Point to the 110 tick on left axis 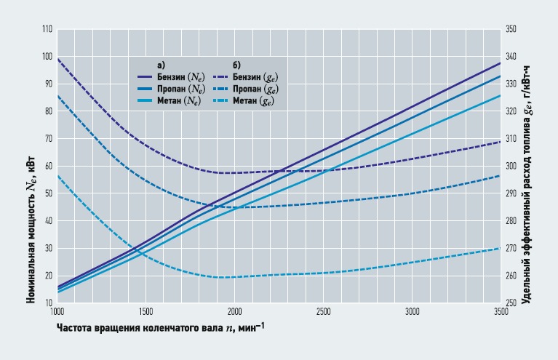click(x=47, y=29)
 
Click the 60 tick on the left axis click(x=49, y=166)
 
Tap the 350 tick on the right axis click(x=510, y=29)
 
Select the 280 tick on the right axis click(x=510, y=220)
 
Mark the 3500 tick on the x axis click(x=500, y=311)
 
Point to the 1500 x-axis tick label click(x=146, y=311)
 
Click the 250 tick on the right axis click(x=510, y=303)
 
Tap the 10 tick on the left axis click(x=49, y=303)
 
